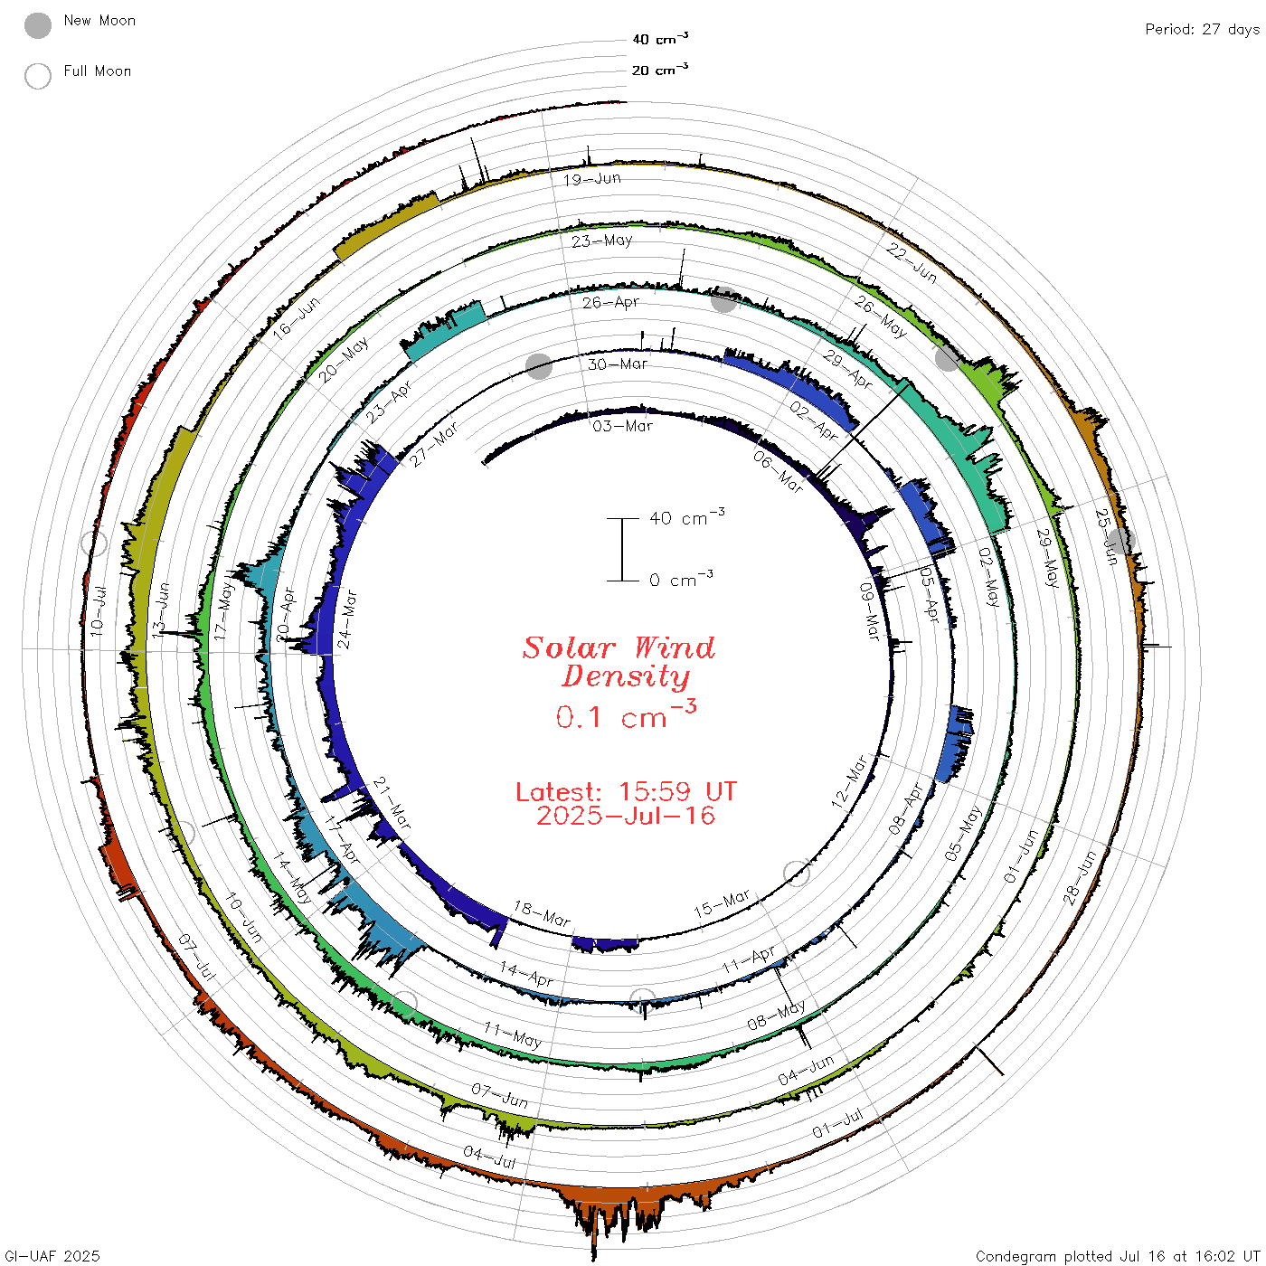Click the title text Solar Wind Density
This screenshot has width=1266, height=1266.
point(619,662)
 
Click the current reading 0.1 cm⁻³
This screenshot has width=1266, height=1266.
point(626,715)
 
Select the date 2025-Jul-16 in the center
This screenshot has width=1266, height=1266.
point(626,816)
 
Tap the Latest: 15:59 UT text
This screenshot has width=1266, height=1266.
point(626,791)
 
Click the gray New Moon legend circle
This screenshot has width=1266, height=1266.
point(38,25)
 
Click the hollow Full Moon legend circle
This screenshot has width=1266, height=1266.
point(38,76)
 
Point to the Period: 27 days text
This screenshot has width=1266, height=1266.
point(1203,30)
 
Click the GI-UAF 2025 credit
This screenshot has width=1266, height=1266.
point(52,1255)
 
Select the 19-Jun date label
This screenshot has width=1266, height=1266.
point(592,179)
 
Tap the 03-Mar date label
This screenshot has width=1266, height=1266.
point(622,426)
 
